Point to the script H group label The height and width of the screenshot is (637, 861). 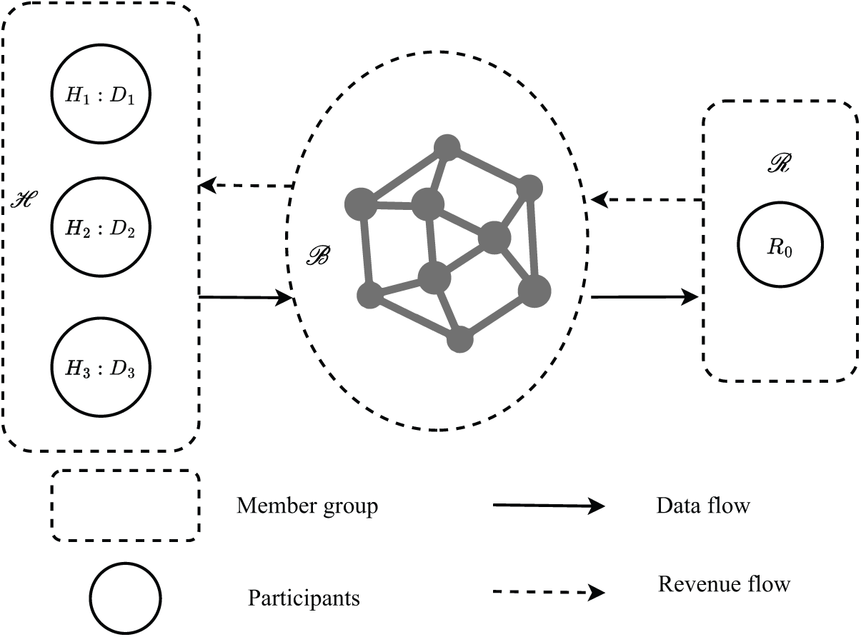tap(24, 200)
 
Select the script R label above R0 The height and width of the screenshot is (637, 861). tap(780, 163)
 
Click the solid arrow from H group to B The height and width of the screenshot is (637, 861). tap(245, 298)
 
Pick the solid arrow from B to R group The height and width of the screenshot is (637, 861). tap(644, 297)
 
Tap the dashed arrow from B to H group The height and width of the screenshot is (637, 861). tap(246, 186)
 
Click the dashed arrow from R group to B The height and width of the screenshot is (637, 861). tap(647, 200)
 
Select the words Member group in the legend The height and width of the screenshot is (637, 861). tap(307, 506)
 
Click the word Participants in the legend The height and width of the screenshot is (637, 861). tap(304, 598)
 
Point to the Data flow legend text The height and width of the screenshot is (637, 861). tap(703, 506)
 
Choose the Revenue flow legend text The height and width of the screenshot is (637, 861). tap(725, 584)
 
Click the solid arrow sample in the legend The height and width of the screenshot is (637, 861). tap(549, 506)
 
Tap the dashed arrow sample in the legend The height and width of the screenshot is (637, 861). tap(549, 592)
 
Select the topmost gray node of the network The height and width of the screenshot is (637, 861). tap(447, 148)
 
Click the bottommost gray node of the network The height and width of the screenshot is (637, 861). tap(460, 339)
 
